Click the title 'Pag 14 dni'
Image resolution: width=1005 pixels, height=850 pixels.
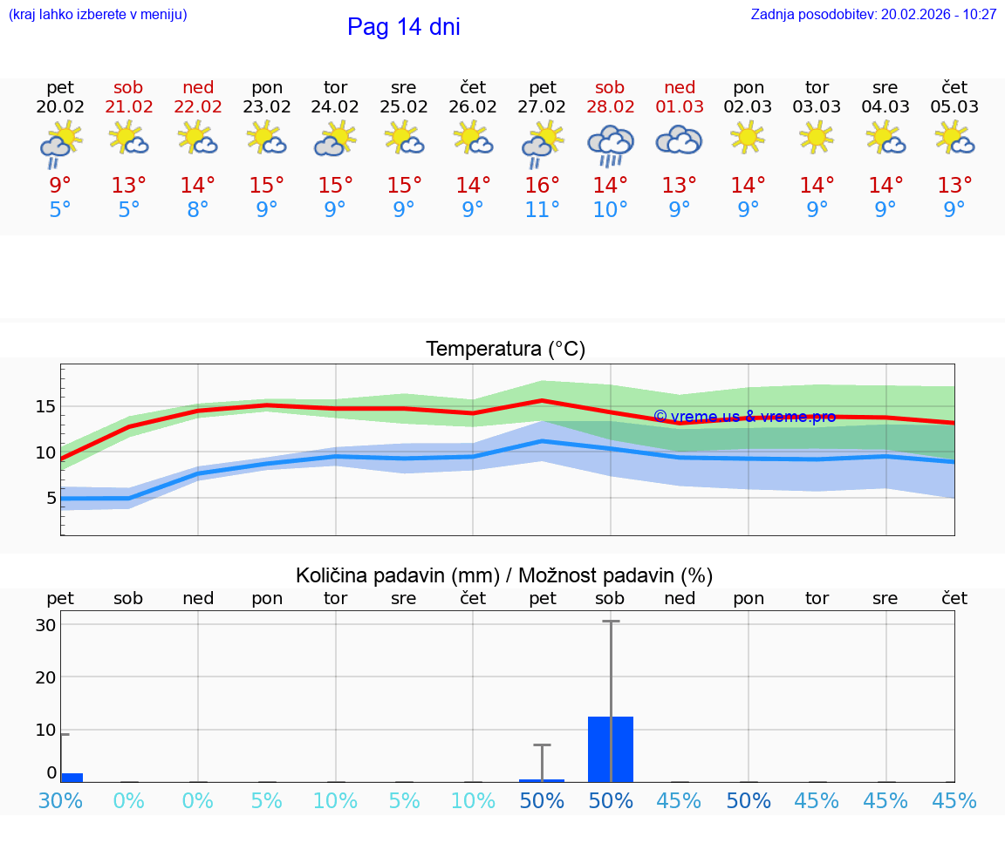point(403,27)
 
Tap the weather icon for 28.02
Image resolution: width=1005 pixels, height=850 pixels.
point(610,144)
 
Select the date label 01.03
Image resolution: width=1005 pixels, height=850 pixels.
point(680,107)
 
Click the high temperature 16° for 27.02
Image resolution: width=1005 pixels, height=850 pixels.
point(542,186)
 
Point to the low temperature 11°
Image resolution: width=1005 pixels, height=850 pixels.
point(542,210)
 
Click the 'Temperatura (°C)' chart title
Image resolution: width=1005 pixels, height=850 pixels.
point(505,350)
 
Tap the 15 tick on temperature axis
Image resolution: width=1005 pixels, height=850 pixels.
point(46,407)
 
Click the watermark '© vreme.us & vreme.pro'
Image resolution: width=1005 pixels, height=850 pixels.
point(744,417)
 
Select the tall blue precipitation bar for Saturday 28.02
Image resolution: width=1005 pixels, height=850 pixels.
point(611,749)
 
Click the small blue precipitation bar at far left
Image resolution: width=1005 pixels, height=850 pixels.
point(72,777)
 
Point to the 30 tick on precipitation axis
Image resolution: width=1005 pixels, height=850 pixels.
point(46,625)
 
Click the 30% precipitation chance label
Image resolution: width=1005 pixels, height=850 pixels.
point(60,801)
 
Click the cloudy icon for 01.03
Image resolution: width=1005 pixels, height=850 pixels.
point(679,139)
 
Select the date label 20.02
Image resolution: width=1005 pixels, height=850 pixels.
point(60,107)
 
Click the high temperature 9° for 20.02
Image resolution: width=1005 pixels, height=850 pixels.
point(60,186)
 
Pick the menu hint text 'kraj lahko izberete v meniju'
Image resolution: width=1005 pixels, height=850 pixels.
point(98,15)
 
